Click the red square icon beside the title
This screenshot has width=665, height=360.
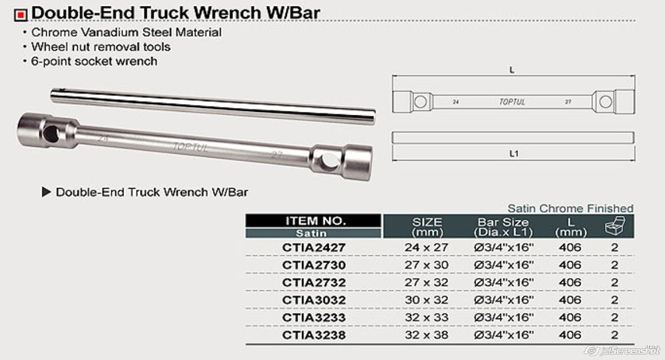pos(20,16)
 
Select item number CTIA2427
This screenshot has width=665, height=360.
pos(314,247)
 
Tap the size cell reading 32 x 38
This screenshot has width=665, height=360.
pos(426,335)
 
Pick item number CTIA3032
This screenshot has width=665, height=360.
pos(314,300)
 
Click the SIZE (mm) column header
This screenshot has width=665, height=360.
pos(427,227)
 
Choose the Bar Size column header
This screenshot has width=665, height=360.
pos(503,227)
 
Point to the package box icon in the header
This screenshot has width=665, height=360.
pos(614,225)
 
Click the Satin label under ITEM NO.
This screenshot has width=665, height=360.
pos(311,233)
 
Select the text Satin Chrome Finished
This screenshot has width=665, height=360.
pos(570,208)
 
